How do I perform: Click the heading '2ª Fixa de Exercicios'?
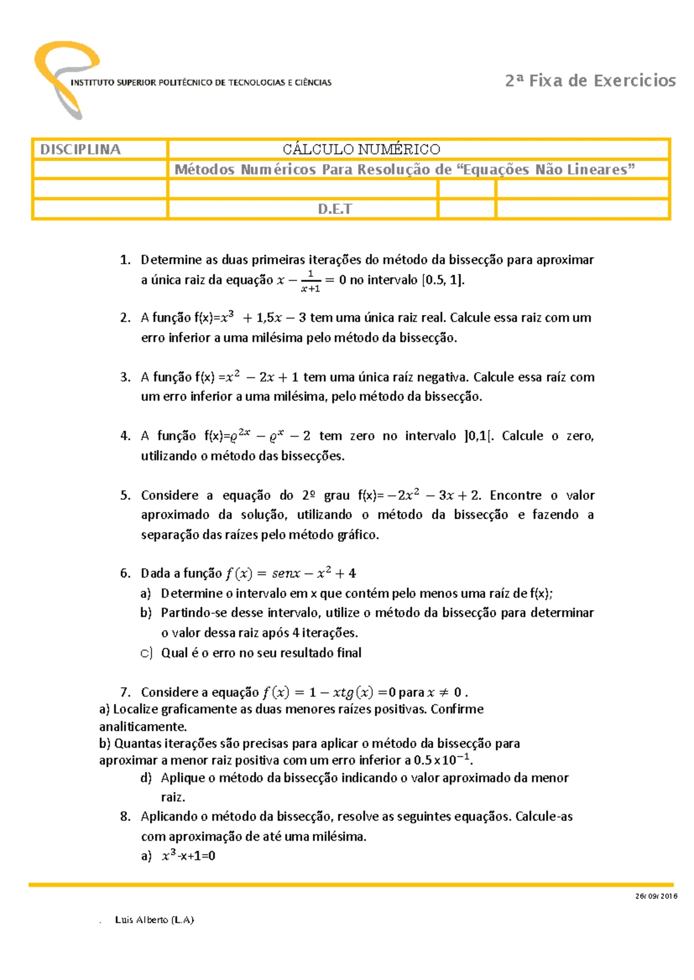coord(590,80)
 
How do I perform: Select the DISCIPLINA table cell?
coord(99,150)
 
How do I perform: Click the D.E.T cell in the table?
coord(334,209)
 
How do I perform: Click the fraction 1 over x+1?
coord(311,281)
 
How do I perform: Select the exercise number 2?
coord(125,317)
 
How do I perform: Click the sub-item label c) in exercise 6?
coord(146,652)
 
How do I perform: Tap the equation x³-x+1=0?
coord(189,856)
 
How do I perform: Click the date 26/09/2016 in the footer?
coord(656,896)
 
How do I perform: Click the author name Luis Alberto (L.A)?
coord(154,919)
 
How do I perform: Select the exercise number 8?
coord(125,816)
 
